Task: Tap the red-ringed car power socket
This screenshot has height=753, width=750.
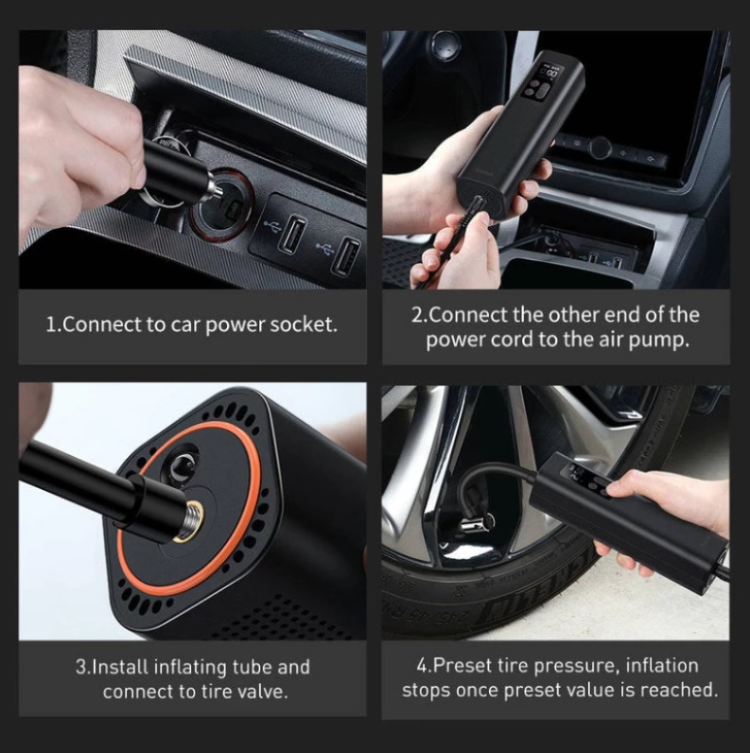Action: pyautogui.click(x=222, y=205)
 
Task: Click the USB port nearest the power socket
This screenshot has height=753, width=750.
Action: pyautogui.click(x=292, y=235)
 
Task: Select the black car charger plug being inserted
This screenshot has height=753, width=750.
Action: pyautogui.click(x=178, y=173)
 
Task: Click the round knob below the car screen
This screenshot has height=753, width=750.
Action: pyautogui.click(x=601, y=148)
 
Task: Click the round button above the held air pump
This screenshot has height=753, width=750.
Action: pyautogui.click(x=445, y=45)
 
